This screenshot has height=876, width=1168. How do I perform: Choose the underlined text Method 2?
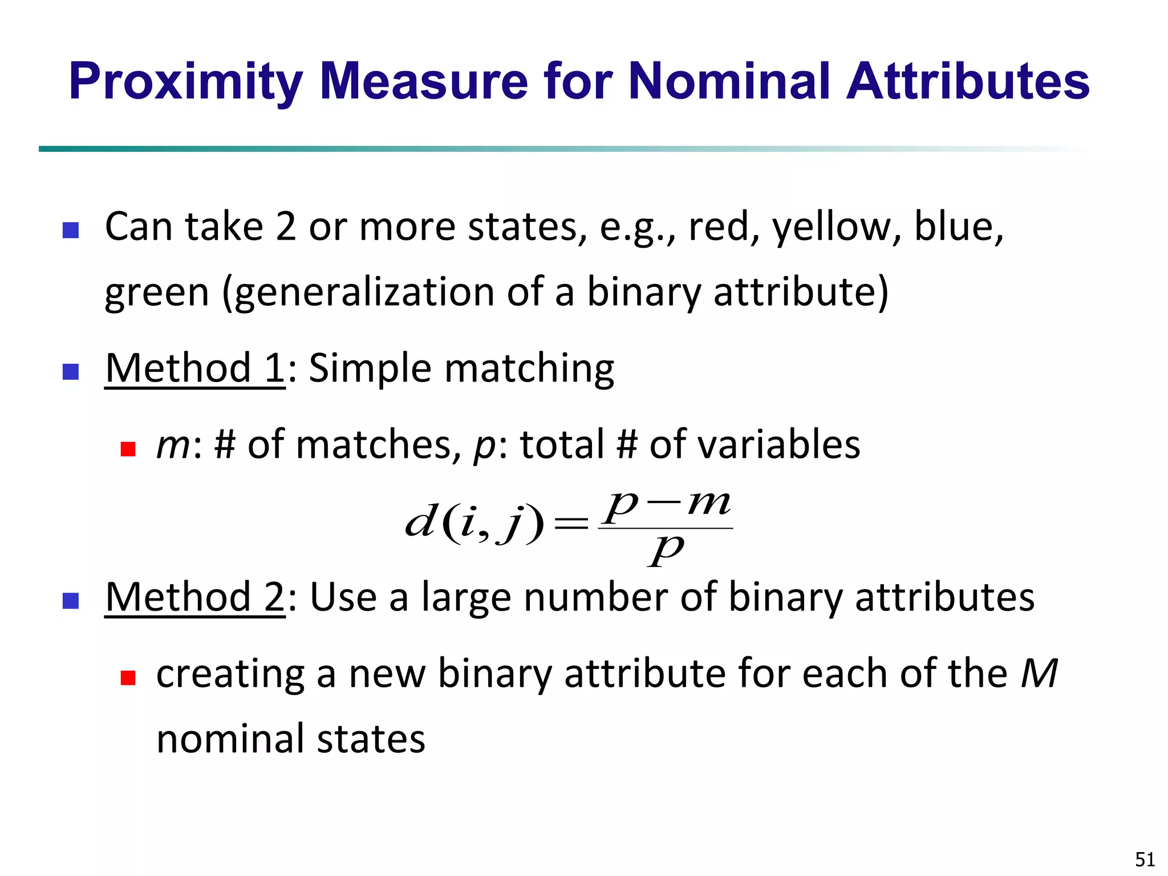click(x=194, y=597)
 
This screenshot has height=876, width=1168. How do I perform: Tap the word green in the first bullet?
click(x=157, y=292)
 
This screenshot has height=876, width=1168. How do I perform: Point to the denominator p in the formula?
click(x=666, y=550)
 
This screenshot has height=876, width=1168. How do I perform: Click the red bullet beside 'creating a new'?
click(x=128, y=678)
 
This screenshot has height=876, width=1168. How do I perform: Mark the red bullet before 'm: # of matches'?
click(x=128, y=449)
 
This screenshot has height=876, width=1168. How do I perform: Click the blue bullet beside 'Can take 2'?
click(x=70, y=230)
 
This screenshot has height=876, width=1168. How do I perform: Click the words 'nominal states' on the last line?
click(x=290, y=739)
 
